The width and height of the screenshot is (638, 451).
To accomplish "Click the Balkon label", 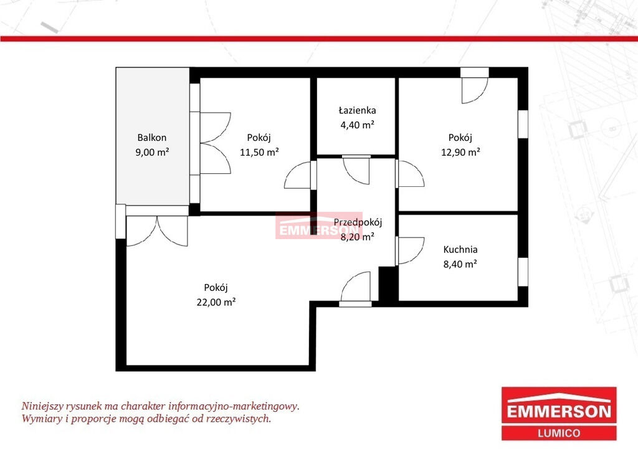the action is point(152,138).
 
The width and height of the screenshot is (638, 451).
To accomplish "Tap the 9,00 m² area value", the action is point(152,152).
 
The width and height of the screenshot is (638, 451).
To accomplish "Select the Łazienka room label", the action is point(357,110).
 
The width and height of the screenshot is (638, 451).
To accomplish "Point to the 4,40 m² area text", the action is point(357,125).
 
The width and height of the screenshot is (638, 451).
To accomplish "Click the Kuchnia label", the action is point(460,249).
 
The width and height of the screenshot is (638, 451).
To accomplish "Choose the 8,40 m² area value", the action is point(460,264).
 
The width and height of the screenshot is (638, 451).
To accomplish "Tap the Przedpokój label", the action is point(358,222).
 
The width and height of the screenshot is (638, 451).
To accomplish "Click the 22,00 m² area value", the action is point(216,302).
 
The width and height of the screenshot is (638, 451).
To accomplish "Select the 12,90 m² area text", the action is point(460,152).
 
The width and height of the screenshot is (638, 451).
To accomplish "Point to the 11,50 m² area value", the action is point(259,152).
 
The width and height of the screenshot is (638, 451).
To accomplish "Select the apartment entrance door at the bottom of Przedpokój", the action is point(355,289).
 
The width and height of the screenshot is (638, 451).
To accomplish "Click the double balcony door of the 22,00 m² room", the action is point(157,230).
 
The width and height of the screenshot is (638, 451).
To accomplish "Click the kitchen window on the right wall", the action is point(523,272).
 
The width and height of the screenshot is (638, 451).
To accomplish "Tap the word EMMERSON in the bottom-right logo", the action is point(559,412).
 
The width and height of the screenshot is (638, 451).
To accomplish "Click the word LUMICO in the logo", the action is point(559,434).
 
